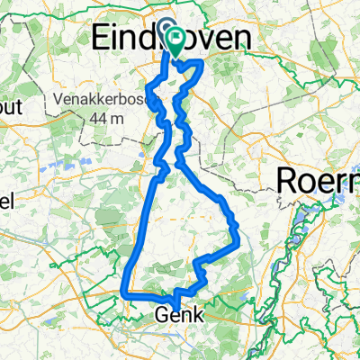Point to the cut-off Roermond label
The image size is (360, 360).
tap(319, 179)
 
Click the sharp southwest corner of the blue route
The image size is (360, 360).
tap(121, 292)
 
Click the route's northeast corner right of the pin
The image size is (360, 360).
tap(202, 63)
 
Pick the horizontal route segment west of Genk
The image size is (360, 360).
tap(144, 293)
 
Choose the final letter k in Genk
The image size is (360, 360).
tap(201, 316)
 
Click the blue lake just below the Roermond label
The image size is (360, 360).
tap(310, 216)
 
